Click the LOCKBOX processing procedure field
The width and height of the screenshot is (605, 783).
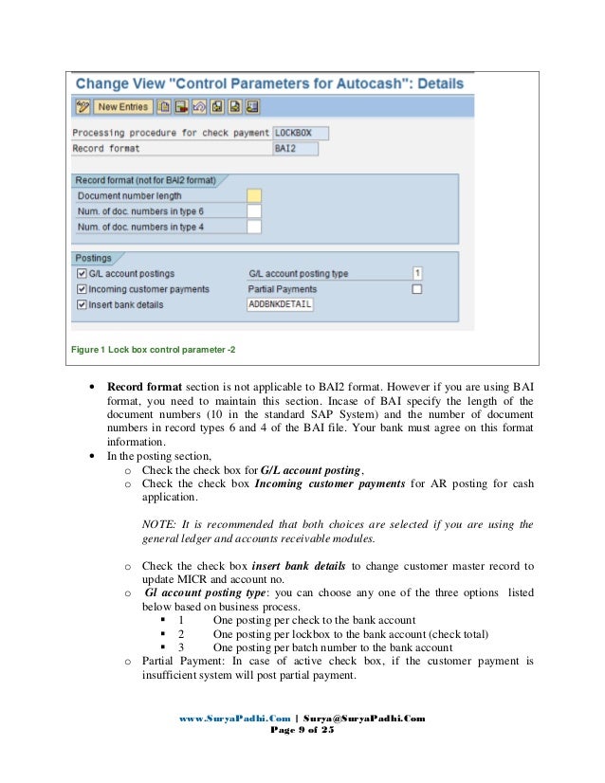coord(296,133)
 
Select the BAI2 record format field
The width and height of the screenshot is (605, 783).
coord(296,149)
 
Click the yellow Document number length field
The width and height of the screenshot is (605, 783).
coord(253,195)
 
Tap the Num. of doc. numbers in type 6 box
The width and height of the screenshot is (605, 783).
coord(253,211)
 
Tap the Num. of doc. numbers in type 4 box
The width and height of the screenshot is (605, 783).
coord(253,227)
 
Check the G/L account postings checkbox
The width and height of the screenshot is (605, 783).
coord(82,274)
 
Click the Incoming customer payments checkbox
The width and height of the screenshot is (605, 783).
coord(82,289)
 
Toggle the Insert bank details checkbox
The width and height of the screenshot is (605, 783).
coord(82,304)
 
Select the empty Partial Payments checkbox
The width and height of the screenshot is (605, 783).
coord(417,289)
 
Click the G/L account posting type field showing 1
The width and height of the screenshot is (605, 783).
coord(417,274)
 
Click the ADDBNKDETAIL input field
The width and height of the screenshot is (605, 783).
coord(280,304)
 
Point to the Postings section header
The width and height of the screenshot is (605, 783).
coord(94,258)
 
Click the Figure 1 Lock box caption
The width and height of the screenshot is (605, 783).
coord(154,350)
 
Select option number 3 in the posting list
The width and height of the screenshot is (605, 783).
coord(181,647)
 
